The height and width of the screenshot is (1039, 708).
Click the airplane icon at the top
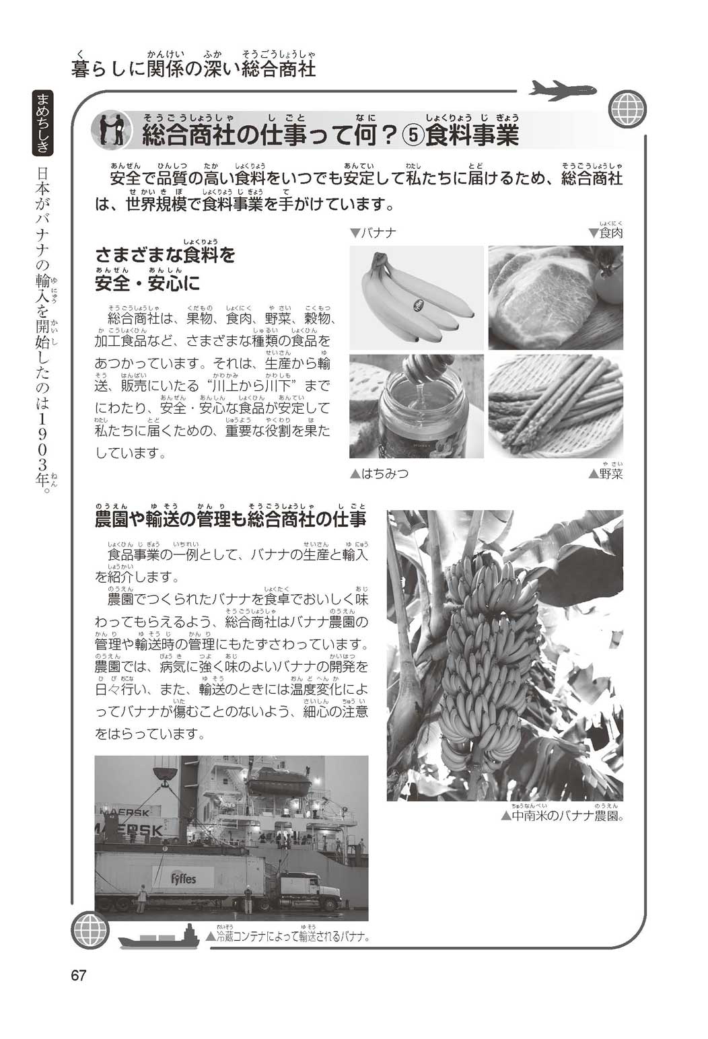pos(563,90)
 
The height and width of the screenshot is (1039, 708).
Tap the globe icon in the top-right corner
pos(627,108)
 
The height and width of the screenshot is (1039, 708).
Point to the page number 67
pos(79,975)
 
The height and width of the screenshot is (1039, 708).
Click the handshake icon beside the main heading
pos(111,130)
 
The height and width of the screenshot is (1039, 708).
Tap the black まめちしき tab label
pos(43,122)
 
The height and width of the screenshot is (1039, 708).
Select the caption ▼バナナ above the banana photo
pos(373,233)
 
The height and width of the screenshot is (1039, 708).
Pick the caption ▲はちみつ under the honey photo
pos(379,473)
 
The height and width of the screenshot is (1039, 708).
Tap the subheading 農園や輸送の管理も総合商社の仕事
pos(231,519)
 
